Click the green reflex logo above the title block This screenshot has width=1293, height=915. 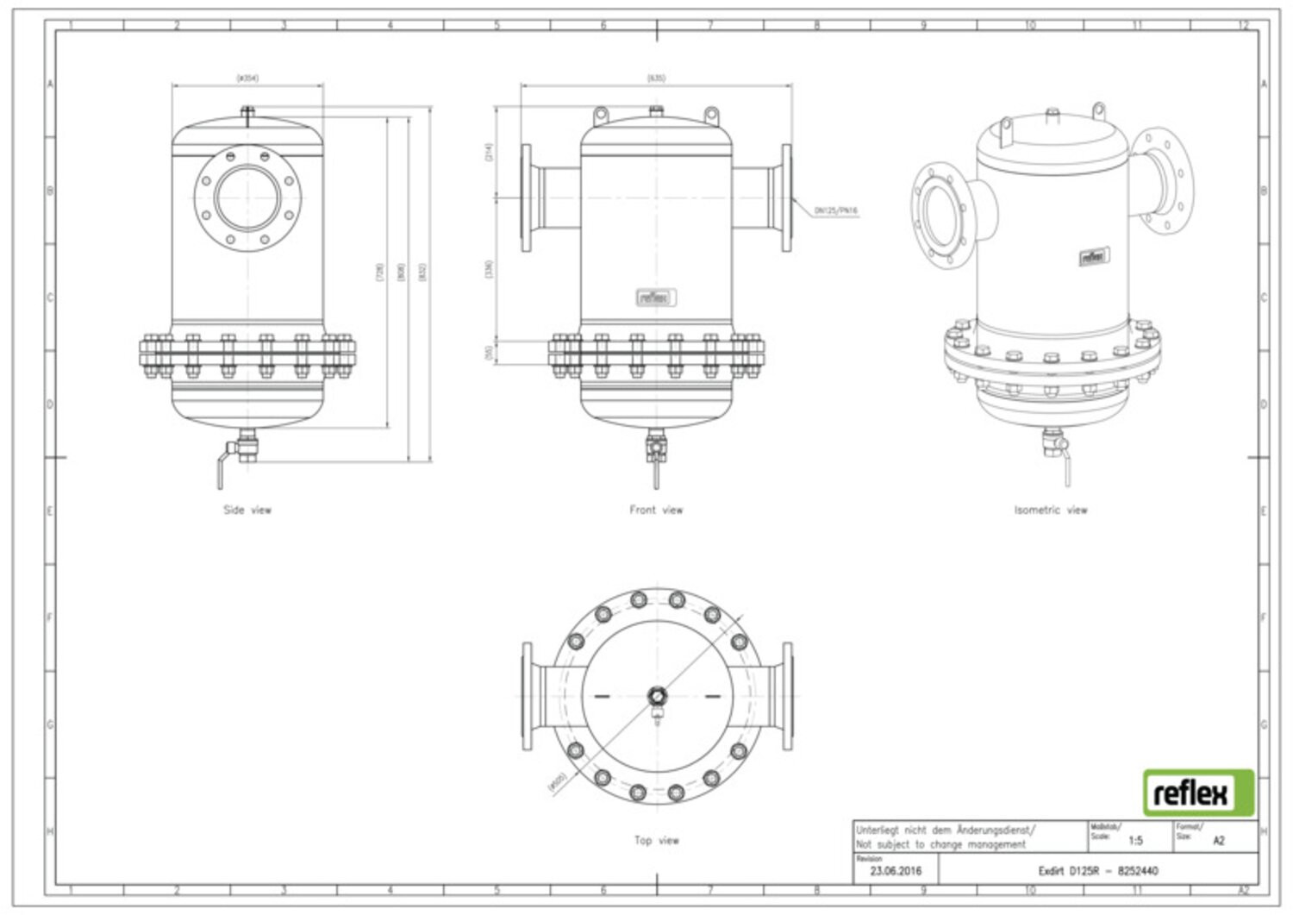click(x=1198, y=793)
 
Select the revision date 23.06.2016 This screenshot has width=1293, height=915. click(x=896, y=871)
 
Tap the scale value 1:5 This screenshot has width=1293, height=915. click(x=1135, y=840)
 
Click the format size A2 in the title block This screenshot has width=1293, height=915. click(x=1218, y=840)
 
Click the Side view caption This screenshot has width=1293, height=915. click(x=247, y=510)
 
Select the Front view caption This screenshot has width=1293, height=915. click(x=656, y=510)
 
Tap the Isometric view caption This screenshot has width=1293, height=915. click(x=1051, y=510)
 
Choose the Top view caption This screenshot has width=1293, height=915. click(x=656, y=840)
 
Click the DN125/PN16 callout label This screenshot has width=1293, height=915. click(x=835, y=210)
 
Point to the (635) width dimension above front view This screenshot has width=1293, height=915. click(x=656, y=78)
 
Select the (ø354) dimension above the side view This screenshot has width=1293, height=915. click(x=247, y=78)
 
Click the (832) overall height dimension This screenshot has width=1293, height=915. click(x=422, y=272)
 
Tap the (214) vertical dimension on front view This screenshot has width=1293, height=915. click(x=489, y=154)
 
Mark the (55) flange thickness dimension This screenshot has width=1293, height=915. click(x=489, y=353)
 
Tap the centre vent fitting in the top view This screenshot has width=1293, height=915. click(x=657, y=695)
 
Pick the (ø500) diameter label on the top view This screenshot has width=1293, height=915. click(x=557, y=781)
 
